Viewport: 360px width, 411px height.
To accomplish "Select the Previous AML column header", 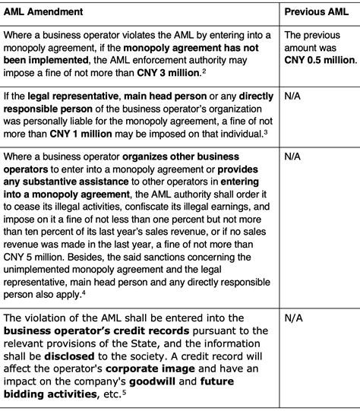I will click(316, 12).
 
